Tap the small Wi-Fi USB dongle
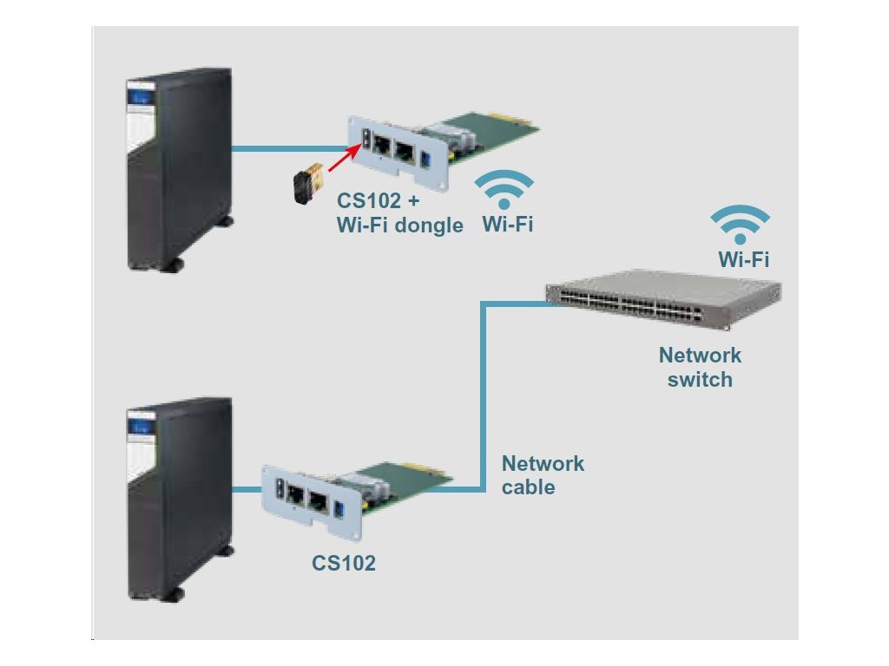tap(309, 183)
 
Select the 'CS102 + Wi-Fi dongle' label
tap(400, 213)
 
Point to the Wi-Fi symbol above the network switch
tap(740, 225)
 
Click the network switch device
tap(663, 299)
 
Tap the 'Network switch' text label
tap(700, 367)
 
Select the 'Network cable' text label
tap(543, 475)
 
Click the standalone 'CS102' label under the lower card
tap(344, 563)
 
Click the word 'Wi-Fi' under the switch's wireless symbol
tap(743, 258)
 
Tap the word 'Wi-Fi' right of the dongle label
tap(508, 225)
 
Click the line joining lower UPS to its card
tap(247, 490)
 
